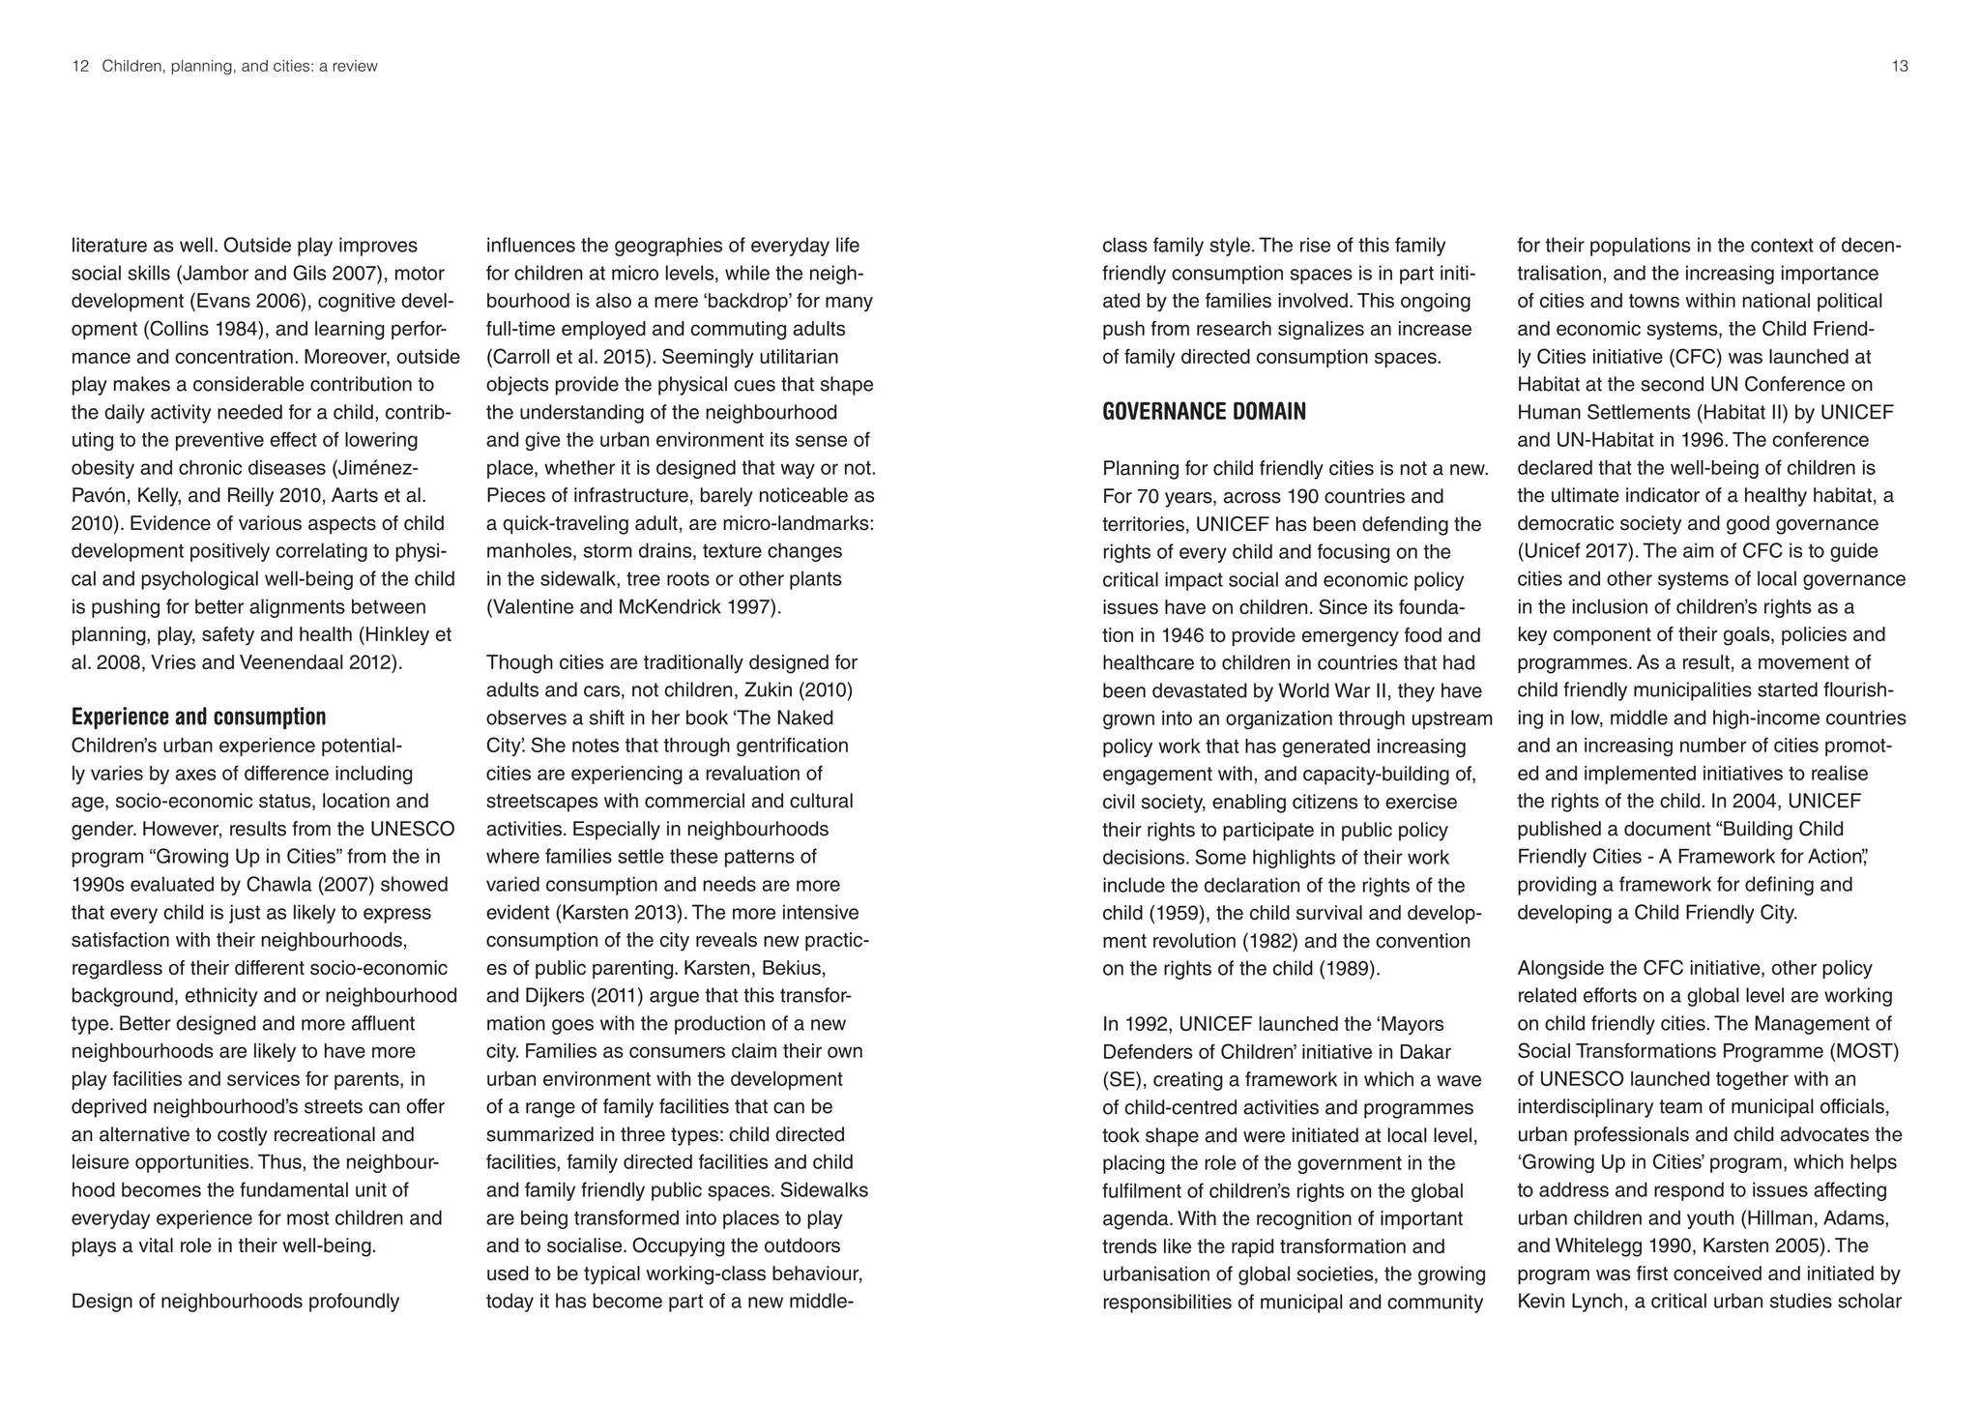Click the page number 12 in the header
pos(80,67)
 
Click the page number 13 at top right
pos(1899,67)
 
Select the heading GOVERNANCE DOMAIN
pos(1204,412)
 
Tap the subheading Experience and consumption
pos(198,718)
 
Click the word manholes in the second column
pos(526,551)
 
